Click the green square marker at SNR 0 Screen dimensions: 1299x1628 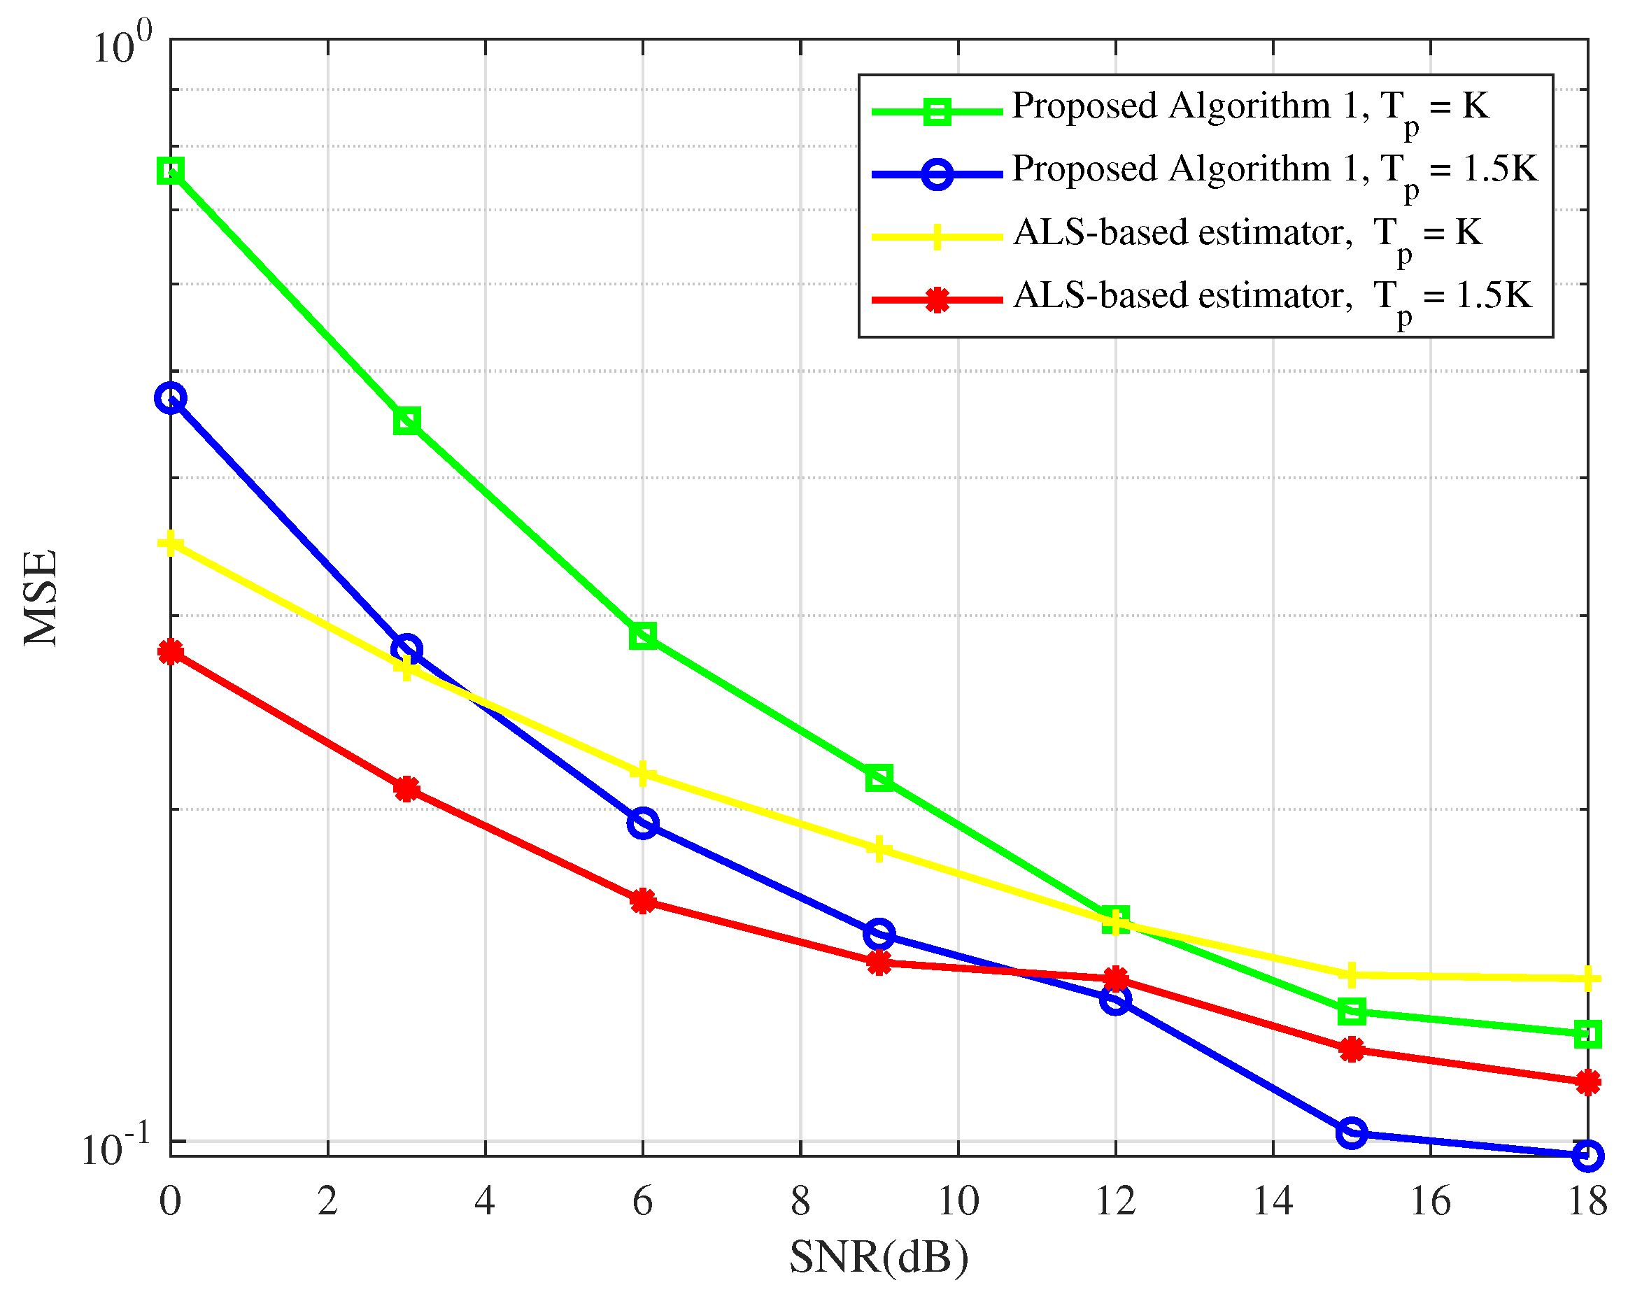coord(171,171)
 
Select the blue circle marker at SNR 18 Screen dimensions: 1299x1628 coord(1588,1156)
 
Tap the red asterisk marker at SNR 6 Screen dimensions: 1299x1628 coord(642,900)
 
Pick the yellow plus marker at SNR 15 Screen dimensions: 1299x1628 coord(1352,974)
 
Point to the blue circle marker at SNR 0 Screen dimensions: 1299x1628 coord(171,398)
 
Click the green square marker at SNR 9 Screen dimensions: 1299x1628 coord(879,777)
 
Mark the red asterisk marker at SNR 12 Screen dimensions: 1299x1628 coord(1115,979)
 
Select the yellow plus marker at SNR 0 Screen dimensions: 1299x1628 coord(171,543)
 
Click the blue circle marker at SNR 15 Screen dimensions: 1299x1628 coord(1352,1133)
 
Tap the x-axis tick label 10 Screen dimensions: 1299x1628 coord(958,1201)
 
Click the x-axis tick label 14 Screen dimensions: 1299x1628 coord(1273,1201)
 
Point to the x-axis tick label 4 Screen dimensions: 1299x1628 coord(485,1201)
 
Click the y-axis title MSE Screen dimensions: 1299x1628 coord(41,598)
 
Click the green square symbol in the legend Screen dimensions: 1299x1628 coord(937,112)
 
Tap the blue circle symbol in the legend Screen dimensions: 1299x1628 coord(937,174)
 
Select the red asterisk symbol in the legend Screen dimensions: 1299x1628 coord(937,300)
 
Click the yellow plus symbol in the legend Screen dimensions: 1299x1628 coord(937,237)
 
